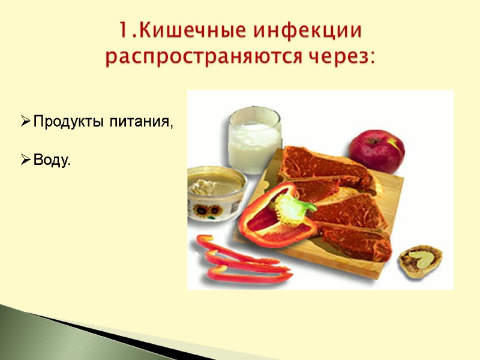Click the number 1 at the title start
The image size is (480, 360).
coord(122,31)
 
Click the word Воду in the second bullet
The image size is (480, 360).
coord(50,160)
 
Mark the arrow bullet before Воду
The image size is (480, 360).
coord(25,160)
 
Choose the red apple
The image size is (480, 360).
coord(377,151)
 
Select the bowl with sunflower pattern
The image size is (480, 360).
coord(216,192)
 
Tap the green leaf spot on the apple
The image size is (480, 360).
coord(394,143)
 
